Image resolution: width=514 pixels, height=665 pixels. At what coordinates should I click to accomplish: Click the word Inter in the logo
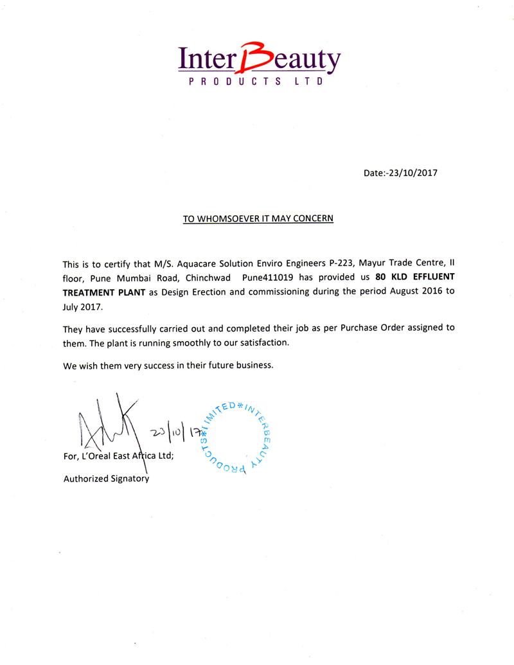click(207, 60)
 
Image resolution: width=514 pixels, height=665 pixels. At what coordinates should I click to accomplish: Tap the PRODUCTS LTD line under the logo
click(254, 82)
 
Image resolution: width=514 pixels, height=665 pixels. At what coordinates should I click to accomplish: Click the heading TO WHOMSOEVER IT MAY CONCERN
click(258, 218)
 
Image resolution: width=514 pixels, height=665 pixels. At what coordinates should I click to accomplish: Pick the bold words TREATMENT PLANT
click(104, 294)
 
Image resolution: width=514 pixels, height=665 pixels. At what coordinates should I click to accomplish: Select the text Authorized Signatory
click(105, 479)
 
